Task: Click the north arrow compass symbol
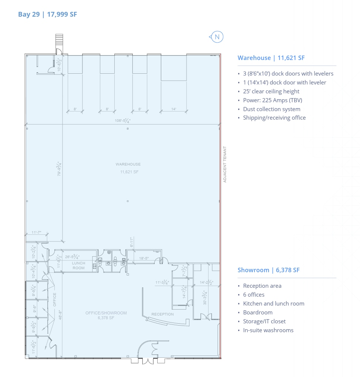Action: point(217,37)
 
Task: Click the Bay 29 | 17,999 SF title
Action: point(47,14)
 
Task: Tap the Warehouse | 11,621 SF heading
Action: point(271,58)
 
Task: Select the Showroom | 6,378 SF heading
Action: point(268,270)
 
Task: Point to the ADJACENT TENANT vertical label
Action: point(225,164)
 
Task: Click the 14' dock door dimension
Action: point(174,109)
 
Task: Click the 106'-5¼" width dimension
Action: point(122,121)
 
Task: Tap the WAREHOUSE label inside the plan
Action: point(128,164)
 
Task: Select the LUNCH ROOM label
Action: point(78,266)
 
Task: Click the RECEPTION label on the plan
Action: point(162,314)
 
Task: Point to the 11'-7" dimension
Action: point(36,233)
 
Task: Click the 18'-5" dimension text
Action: point(144,258)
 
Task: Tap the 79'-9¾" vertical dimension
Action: point(59,169)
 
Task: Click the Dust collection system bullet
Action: point(272,109)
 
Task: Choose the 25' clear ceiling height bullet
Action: point(271,91)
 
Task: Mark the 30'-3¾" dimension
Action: point(205,297)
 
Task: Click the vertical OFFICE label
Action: point(55,300)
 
